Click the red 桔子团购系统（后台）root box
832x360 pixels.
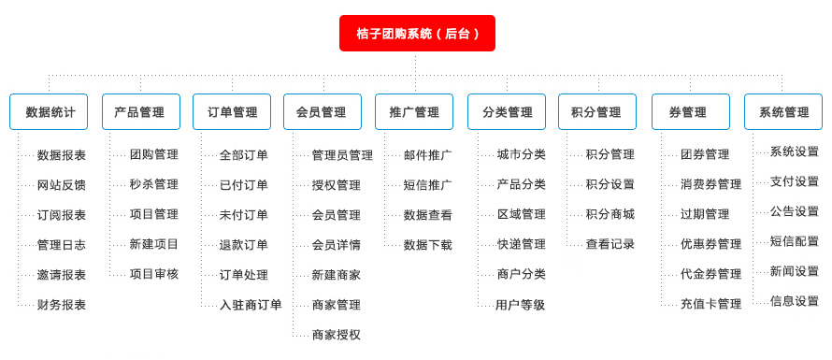417,34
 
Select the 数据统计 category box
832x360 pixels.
49,112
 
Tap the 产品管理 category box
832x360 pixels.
140,112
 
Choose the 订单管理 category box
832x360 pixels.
232,112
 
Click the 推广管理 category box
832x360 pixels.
414,112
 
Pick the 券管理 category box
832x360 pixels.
690,112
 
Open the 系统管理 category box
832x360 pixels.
783,112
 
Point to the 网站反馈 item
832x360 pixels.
62,185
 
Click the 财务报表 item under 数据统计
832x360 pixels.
62,305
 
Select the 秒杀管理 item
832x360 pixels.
154,185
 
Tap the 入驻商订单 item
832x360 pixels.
251,305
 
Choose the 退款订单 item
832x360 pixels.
244,245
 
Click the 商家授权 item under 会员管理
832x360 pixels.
337,335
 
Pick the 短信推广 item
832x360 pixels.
428,185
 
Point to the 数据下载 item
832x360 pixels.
428,245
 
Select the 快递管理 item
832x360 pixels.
522,245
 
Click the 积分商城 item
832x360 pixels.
610,215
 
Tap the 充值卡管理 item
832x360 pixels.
710,304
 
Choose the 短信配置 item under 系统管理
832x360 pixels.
795,241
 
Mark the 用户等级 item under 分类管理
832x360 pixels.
521,305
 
